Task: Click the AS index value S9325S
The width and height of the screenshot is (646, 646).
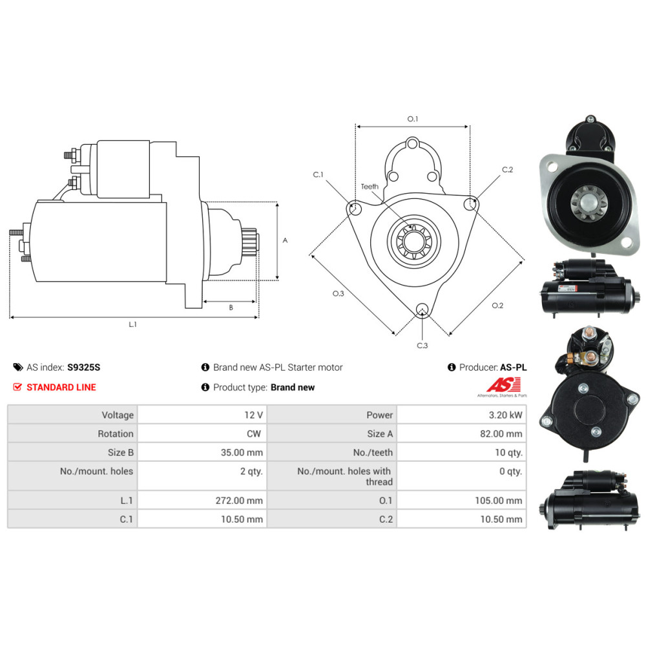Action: pyautogui.click(x=83, y=368)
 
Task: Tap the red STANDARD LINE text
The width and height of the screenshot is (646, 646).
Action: pyautogui.click(x=61, y=387)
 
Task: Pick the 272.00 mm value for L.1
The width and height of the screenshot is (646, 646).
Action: pyautogui.click(x=239, y=501)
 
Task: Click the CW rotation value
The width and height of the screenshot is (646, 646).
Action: pyautogui.click(x=254, y=434)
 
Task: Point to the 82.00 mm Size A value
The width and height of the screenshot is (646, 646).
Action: pyautogui.click(x=501, y=434)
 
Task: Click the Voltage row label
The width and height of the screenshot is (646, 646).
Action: pyautogui.click(x=118, y=415)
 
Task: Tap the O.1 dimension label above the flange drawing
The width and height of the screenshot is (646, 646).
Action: pyautogui.click(x=412, y=119)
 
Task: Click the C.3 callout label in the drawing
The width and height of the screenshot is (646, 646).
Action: pyautogui.click(x=422, y=345)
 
